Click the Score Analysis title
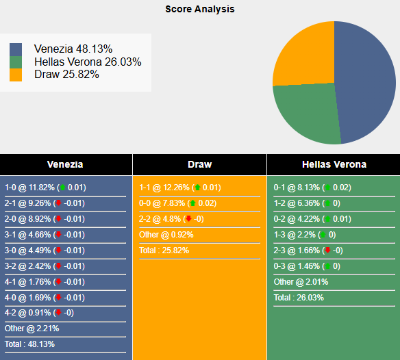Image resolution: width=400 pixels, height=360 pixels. point(200,10)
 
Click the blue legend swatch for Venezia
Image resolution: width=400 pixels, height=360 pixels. point(16,50)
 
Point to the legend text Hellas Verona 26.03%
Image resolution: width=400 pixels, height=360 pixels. point(88,62)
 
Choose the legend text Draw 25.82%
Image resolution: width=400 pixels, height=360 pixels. point(66,74)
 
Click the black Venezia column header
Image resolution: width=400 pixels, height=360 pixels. point(66,164)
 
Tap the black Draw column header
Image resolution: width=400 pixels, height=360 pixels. point(199,164)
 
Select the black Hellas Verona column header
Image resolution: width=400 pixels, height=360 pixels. point(334,164)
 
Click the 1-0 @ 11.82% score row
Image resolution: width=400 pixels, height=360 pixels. point(45,188)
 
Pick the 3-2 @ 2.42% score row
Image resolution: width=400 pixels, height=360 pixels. point(45,266)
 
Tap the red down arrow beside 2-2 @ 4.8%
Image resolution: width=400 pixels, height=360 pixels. point(188,219)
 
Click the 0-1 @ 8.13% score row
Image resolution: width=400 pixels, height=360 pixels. point(313,188)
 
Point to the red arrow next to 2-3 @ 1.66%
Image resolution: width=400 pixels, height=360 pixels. point(328,250)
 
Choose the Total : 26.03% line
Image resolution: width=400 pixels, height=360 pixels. point(299,298)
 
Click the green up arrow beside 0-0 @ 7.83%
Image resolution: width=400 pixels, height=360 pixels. point(193,203)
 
